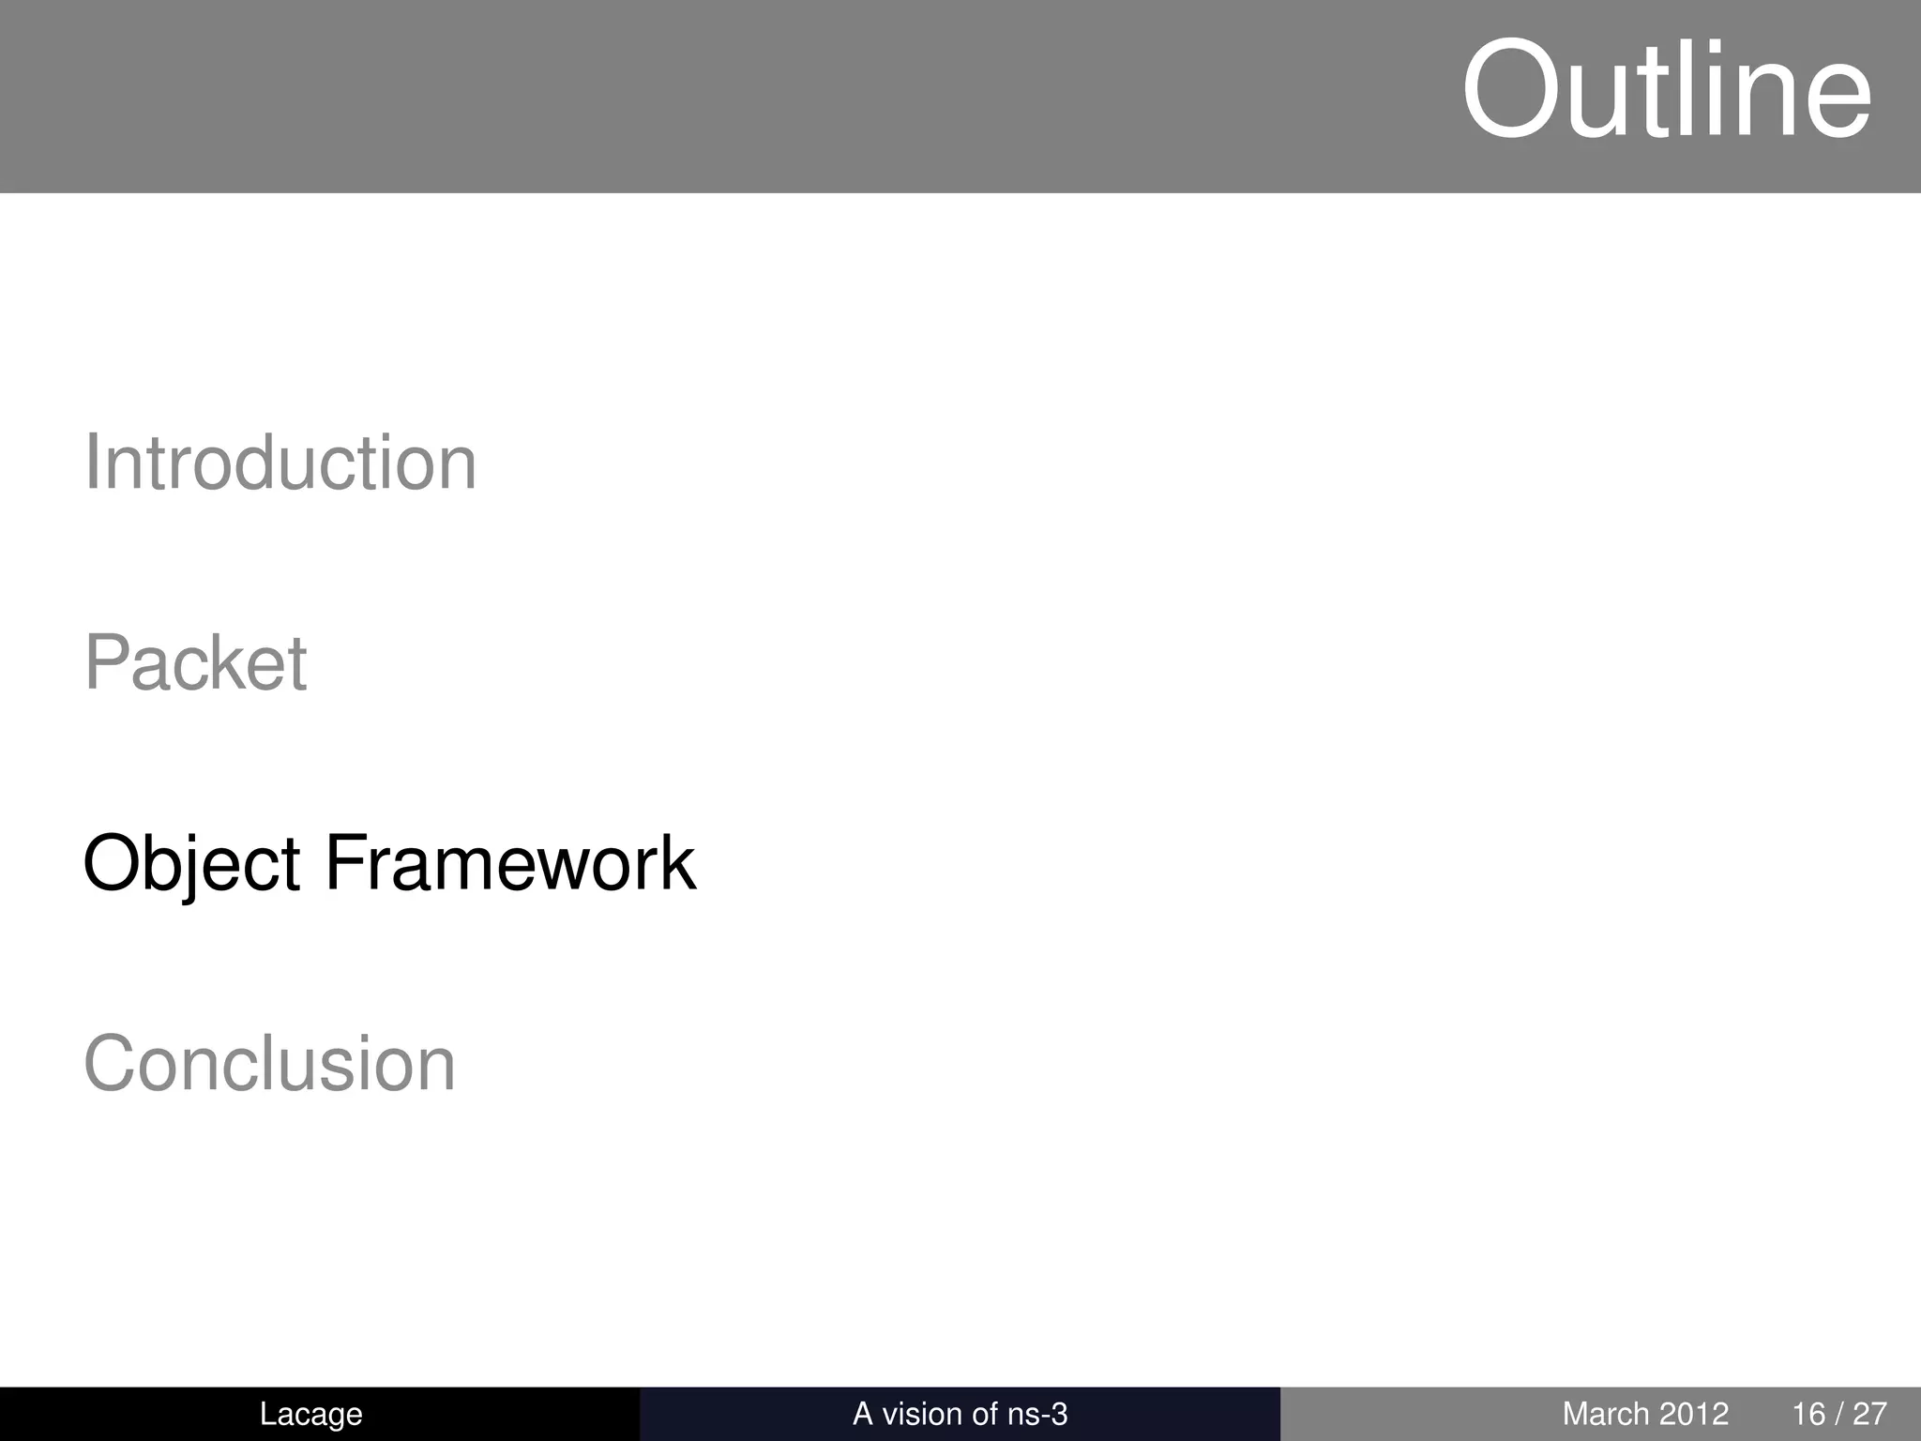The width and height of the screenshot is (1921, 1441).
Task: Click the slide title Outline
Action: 1666,92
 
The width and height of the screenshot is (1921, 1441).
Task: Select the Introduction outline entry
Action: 280,463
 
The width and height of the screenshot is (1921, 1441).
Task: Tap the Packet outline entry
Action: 195,663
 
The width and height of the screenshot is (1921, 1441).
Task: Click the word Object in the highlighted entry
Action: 191,863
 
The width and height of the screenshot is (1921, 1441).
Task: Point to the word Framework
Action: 509,863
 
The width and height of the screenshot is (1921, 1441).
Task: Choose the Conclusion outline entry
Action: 269,1064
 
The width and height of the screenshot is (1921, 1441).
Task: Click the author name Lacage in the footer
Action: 310,1414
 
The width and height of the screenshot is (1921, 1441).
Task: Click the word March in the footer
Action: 1605,1414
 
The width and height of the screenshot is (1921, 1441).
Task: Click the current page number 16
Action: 1808,1414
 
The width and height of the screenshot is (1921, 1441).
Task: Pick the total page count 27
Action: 1869,1414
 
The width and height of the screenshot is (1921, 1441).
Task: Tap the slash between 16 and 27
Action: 1838,1414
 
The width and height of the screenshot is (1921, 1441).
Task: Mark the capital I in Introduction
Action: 91,463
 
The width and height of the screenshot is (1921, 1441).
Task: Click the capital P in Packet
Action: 106,663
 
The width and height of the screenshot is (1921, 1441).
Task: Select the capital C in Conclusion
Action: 112,1064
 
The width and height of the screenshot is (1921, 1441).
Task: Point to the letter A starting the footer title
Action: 863,1414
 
